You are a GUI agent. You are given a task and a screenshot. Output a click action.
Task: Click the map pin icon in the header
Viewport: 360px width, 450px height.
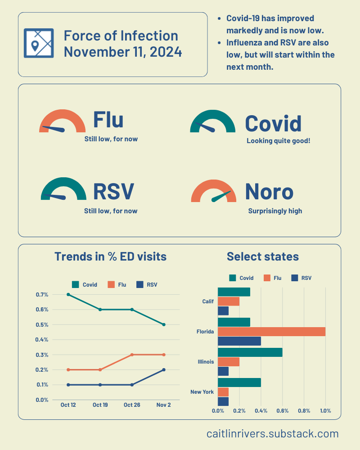[38, 43]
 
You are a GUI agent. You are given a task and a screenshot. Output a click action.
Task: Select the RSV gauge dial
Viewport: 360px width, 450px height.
[63, 191]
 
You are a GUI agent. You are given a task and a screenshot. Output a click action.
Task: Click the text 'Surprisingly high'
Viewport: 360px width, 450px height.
[275, 211]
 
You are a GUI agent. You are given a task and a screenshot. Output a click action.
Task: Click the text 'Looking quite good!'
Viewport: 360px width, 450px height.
[278, 141]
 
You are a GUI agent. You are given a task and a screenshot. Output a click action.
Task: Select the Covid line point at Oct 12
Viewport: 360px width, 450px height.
[68, 294]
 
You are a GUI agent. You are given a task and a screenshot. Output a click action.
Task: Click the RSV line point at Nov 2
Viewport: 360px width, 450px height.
[164, 369]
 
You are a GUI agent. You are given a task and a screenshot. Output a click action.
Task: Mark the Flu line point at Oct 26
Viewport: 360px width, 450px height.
[132, 355]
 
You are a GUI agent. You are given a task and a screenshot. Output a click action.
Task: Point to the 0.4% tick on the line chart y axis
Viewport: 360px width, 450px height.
[42, 340]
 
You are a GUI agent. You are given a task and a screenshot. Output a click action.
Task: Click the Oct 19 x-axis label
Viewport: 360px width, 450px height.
[100, 405]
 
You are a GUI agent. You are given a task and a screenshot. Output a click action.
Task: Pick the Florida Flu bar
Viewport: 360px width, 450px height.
[271, 332]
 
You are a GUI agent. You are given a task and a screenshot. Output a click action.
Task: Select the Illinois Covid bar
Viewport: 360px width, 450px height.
[250, 352]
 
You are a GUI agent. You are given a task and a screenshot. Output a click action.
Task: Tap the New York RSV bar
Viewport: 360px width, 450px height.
[223, 401]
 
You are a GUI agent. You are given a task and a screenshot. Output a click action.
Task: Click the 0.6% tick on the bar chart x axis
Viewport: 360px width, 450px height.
[282, 411]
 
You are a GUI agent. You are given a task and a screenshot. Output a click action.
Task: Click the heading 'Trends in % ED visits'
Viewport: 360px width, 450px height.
[110, 256]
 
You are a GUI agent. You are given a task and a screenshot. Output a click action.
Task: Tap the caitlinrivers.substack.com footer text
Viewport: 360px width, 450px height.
[272, 434]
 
